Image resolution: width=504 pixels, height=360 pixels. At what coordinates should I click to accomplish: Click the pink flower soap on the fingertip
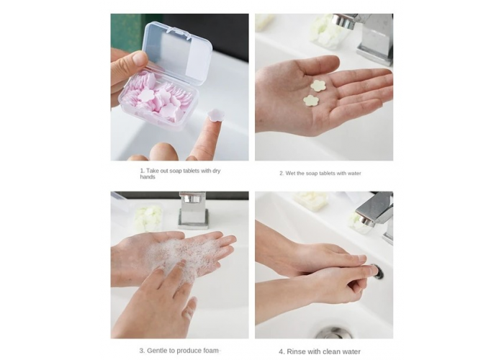(216, 115)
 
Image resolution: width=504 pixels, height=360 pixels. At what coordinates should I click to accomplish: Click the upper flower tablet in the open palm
(318, 86)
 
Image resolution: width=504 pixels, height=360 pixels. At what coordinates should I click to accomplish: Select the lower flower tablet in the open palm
(311, 101)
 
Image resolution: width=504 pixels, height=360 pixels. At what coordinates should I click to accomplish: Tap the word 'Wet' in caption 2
(290, 174)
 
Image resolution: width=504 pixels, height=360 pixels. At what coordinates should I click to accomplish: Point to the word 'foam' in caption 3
(211, 351)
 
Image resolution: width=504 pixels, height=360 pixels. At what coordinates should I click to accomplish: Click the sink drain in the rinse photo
(333, 333)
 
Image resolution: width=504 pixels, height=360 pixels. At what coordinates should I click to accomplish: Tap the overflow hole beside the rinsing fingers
(377, 271)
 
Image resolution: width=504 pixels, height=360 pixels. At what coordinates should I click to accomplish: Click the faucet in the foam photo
(193, 210)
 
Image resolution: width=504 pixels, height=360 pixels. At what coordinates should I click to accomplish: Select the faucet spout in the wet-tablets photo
(345, 21)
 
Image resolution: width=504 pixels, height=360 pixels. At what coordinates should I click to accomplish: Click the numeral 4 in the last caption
(281, 351)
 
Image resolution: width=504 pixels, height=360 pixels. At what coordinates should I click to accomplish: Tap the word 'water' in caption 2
(354, 174)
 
